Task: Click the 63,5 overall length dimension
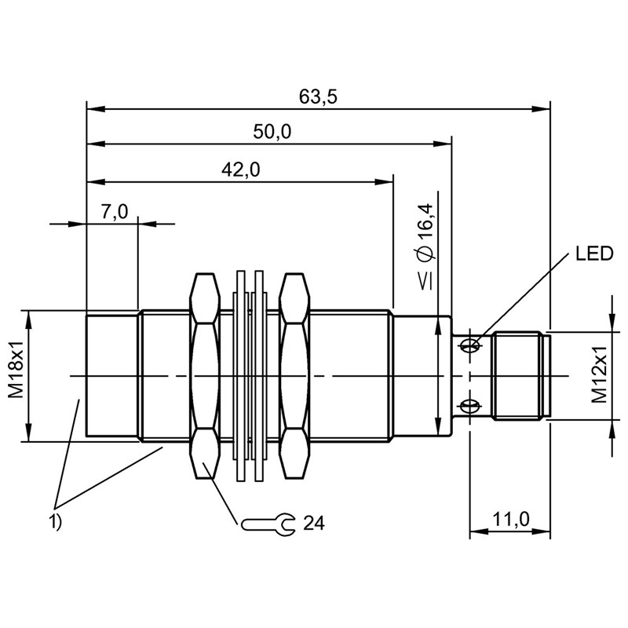318,97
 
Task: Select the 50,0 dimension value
272,133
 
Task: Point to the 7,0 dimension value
114,212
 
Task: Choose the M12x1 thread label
599,376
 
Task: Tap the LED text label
593,254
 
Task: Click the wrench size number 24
314,523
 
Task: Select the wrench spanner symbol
268,524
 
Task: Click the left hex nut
204,375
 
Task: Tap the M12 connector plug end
519,375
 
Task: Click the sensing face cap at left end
111,375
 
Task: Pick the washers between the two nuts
250,375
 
